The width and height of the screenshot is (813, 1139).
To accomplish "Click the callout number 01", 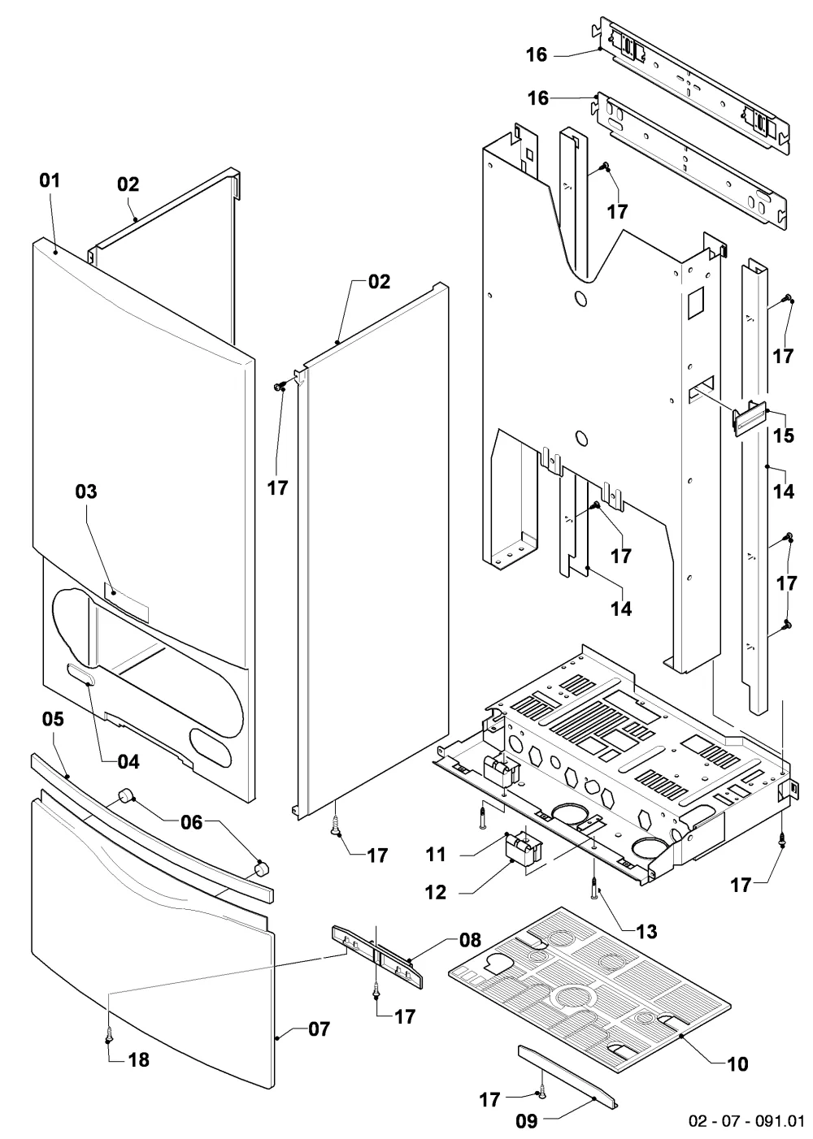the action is point(50,180).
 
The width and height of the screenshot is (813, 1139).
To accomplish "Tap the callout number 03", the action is point(86,492).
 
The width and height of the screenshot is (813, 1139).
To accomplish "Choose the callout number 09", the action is point(526,1120).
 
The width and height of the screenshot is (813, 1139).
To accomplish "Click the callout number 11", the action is point(436,855).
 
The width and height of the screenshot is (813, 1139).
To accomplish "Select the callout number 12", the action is point(436,892).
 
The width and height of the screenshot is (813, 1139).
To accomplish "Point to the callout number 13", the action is point(646,932).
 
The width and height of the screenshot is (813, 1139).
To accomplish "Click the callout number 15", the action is point(784,435).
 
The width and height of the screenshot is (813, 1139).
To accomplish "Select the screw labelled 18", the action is point(108,1035).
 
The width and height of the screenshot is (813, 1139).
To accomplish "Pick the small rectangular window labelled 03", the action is point(126,603).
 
